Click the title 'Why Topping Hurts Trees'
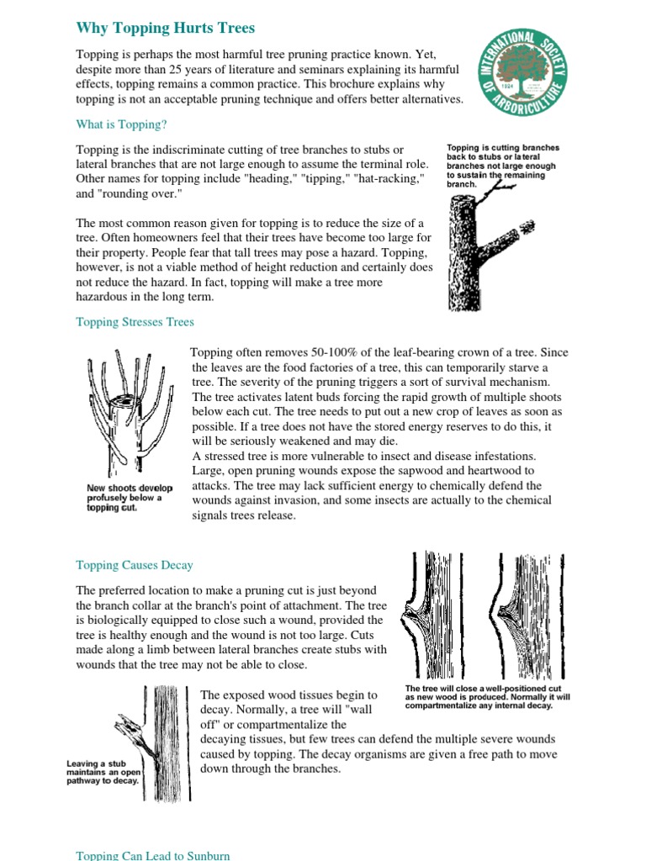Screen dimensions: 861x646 (165, 29)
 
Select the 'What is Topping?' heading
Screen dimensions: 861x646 (121, 124)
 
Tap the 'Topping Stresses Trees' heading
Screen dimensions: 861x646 (135, 322)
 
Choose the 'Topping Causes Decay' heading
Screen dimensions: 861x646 (135, 565)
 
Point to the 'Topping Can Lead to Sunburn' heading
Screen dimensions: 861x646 (152, 855)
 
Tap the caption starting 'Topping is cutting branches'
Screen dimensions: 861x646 (502, 166)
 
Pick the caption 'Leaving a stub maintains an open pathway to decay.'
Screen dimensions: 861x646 (102, 771)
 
